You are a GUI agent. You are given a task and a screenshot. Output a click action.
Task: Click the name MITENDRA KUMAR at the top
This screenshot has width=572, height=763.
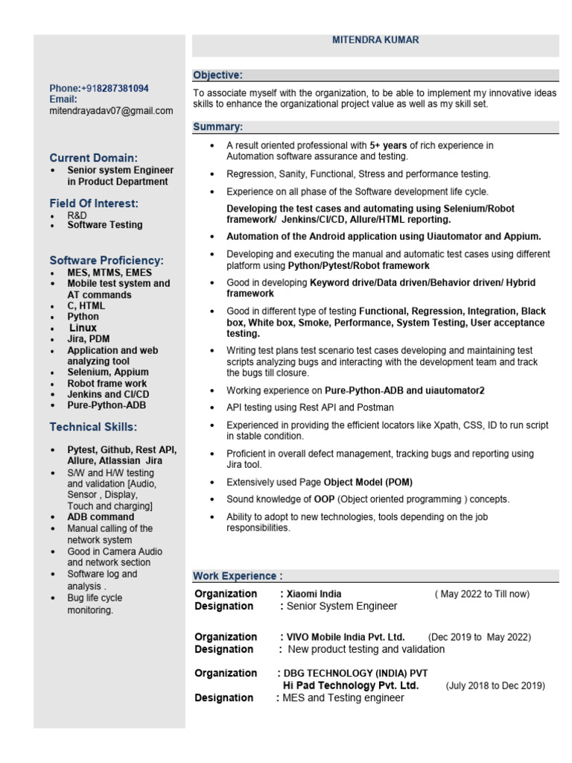[x=375, y=39]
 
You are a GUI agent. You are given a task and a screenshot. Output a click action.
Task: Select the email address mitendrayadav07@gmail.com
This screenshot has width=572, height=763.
[x=111, y=111]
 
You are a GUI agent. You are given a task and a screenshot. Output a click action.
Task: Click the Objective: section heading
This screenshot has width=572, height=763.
[x=217, y=75]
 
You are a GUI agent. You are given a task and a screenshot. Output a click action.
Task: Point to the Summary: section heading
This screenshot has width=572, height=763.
[x=217, y=127]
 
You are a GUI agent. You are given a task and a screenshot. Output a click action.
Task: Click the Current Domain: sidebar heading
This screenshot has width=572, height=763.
[x=93, y=158]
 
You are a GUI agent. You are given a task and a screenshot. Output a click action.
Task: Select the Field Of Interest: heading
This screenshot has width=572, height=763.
[x=94, y=203]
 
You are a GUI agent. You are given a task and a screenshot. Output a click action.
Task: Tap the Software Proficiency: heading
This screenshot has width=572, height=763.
[x=107, y=260]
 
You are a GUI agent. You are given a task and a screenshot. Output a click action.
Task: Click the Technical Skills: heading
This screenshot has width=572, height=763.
[x=93, y=427]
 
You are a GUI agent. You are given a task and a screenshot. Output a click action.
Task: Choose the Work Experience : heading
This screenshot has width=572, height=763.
[x=238, y=576]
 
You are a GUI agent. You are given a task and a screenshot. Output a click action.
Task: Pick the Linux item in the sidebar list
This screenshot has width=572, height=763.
[x=83, y=328]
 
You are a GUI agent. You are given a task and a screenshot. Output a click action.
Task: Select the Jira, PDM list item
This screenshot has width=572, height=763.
[x=89, y=339]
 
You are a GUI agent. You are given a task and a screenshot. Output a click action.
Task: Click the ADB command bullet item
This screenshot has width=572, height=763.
[x=101, y=516]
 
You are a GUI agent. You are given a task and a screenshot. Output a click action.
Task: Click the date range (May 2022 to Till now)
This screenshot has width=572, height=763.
[x=482, y=594]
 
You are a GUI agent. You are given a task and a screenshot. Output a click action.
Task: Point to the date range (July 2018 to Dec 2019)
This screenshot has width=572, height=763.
[x=495, y=686]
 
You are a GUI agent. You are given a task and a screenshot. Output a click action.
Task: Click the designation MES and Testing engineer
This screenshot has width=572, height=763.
[x=343, y=697]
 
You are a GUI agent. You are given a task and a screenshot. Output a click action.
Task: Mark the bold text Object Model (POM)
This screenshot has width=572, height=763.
[x=368, y=482]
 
